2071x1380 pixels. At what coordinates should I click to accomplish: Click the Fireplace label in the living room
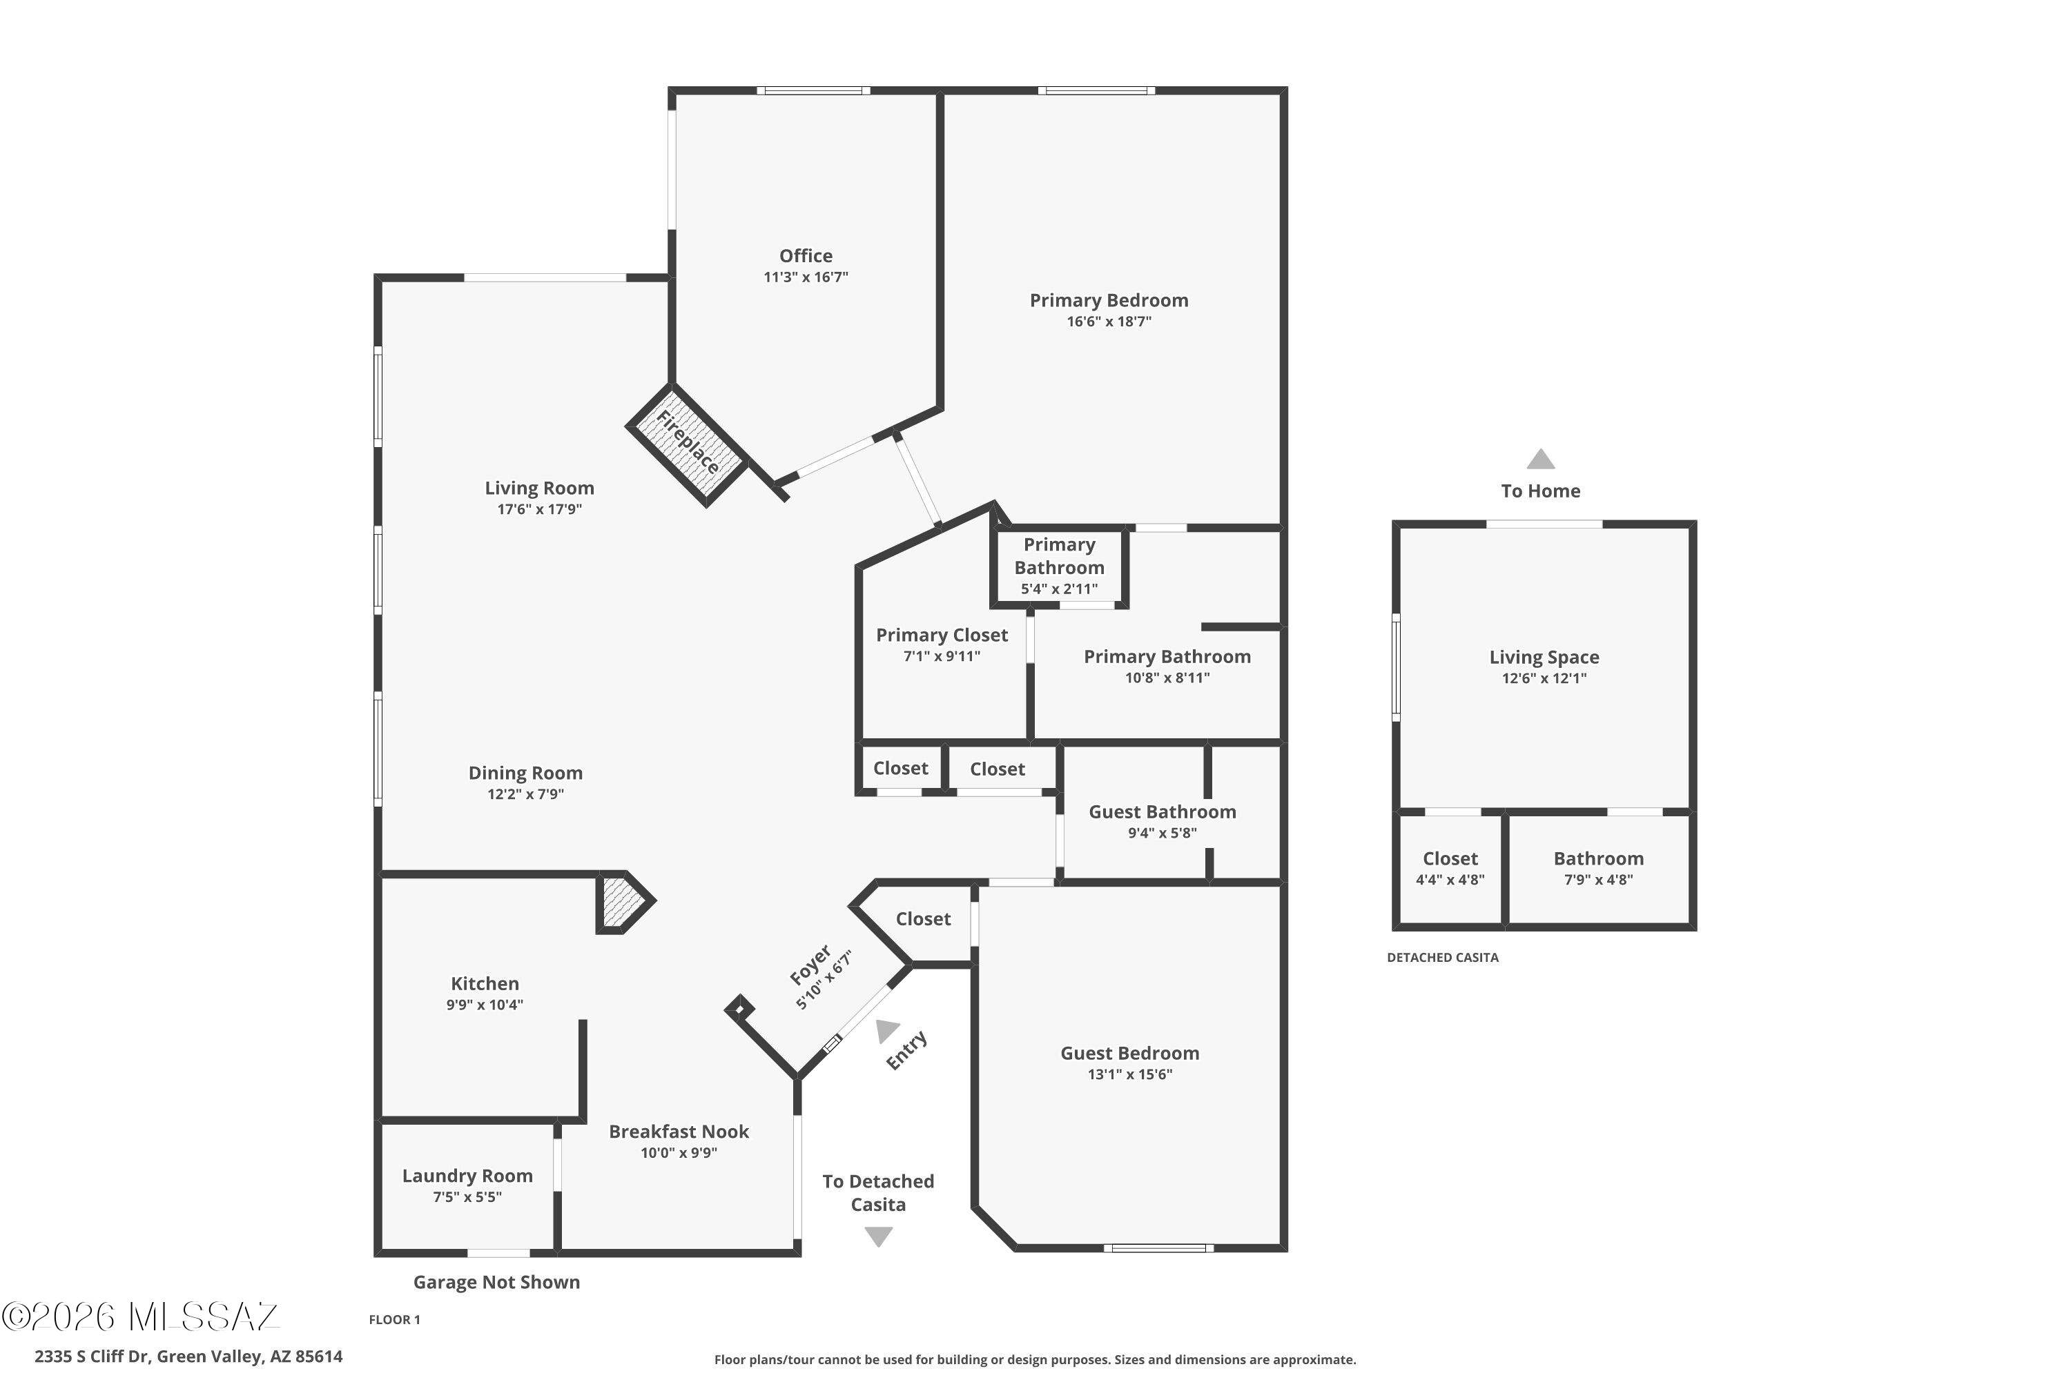(x=688, y=442)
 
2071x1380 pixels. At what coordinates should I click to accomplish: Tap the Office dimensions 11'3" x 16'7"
(x=806, y=277)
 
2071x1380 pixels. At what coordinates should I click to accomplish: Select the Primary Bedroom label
(x=1109, y=300)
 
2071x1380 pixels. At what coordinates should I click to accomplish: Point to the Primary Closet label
(x=942, y=635)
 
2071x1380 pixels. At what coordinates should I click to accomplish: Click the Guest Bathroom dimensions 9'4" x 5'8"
(x=1163, y=833)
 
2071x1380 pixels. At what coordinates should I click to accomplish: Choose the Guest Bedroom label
(x=1129, y=1053)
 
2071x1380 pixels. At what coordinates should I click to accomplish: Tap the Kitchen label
(x=485, y=983)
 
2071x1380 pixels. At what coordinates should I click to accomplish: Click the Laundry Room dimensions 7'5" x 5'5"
(x=467, y=1197)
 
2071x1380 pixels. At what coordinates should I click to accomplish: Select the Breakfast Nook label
(x=679, y=1131)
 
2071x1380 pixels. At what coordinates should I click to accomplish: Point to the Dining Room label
(x=525, y=773)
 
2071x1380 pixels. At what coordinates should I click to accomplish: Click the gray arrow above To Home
(x=1540, y=459)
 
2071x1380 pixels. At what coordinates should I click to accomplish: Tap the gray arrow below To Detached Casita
(x=878, y=1236)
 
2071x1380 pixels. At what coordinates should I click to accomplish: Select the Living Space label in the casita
(x=1544, y=658)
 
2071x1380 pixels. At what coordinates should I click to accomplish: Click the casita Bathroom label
(x=1598, y=858)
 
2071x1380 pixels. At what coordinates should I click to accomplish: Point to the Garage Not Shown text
(x=496, y=1282)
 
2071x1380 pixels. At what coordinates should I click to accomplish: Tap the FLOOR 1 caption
(x=394, y=1319)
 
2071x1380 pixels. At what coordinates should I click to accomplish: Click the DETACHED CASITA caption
(x=1442, y=958)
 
